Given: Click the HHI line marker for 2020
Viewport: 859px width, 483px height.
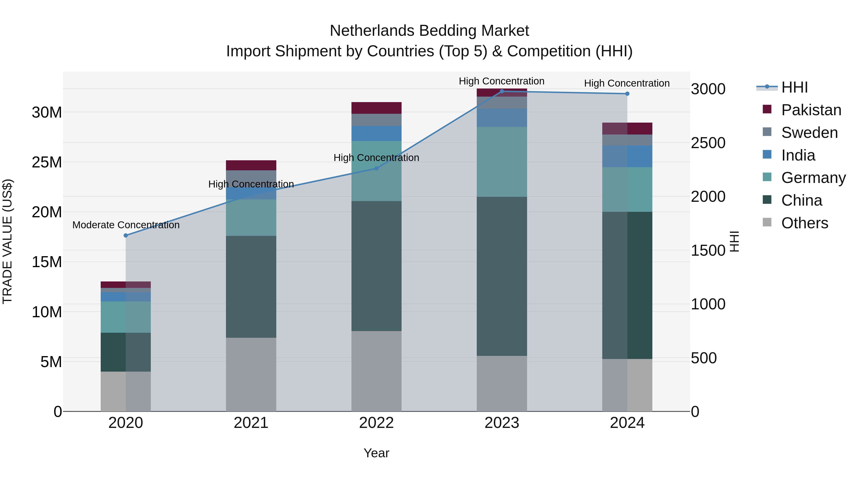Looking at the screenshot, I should [x=126, y=235].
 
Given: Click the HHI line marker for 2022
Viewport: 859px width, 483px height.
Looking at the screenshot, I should [x=377, y=168].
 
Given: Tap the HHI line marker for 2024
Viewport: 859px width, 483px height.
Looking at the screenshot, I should [x=627, y=94].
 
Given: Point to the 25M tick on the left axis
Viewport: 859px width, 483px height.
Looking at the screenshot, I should [x=47, y=162].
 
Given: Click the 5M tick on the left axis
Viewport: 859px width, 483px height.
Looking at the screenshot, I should [x=51, y=362].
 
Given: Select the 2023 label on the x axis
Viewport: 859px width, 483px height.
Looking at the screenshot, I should [x=502, y=423].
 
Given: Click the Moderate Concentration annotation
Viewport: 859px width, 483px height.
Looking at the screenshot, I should [x=126, y=225].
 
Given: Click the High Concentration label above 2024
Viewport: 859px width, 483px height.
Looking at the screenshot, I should [x=627, y=83].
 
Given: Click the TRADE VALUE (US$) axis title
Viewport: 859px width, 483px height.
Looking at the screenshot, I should [x=7, y=241].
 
